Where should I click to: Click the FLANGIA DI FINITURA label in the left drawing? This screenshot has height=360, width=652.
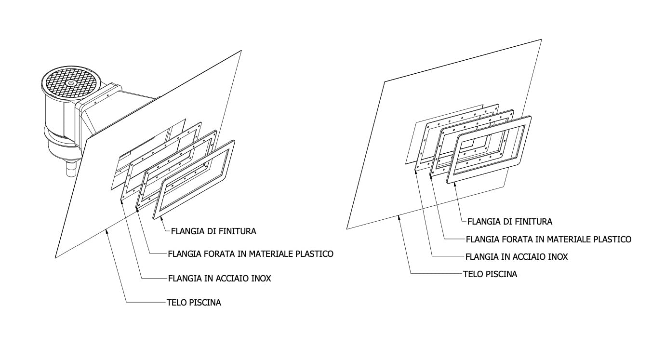point(213,231)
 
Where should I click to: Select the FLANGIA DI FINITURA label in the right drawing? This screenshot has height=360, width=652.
point(510,222)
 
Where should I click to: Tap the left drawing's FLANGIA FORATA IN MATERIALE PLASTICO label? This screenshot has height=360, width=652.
point(251,254)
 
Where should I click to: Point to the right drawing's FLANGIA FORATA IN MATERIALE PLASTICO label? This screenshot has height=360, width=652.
point(549,239)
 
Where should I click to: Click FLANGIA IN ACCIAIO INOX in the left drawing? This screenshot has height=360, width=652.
point(219,279)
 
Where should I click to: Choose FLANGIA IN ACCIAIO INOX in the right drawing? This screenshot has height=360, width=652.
point(517,257)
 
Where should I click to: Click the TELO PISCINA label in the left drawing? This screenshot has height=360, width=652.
point(194,303)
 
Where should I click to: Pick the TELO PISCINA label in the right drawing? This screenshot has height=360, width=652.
point(490,274)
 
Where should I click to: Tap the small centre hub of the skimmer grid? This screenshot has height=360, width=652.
point(71,83)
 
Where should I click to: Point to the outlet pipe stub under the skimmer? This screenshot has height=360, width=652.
point(71,169)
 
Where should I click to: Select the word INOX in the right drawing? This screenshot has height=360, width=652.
point(559,257)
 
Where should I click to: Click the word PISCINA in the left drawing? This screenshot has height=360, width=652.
point(205,303)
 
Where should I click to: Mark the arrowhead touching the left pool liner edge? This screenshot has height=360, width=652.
point(107,232)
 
